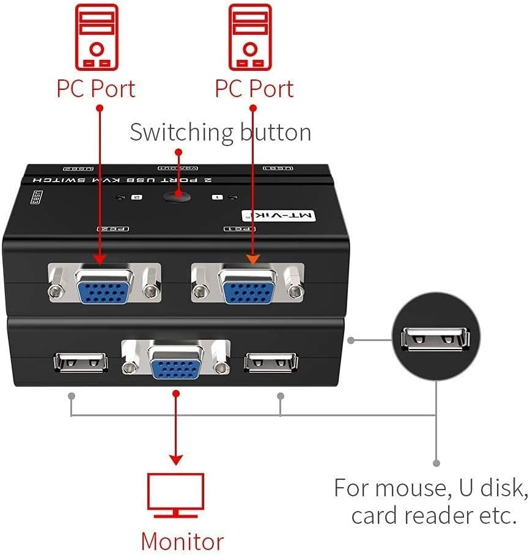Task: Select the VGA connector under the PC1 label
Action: (x=248, y=283)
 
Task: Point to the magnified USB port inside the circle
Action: (x=435, y=340)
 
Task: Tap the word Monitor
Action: (x=182, y=542)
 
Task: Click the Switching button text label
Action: (x=220, y=133)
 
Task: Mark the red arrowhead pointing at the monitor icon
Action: (x=176, y=460)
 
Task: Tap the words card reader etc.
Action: (x=431, y=515)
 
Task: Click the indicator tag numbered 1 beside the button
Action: (x=216, y=197)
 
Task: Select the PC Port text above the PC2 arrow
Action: (x=96, y=88)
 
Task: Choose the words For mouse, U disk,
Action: (x=431, y=488)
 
